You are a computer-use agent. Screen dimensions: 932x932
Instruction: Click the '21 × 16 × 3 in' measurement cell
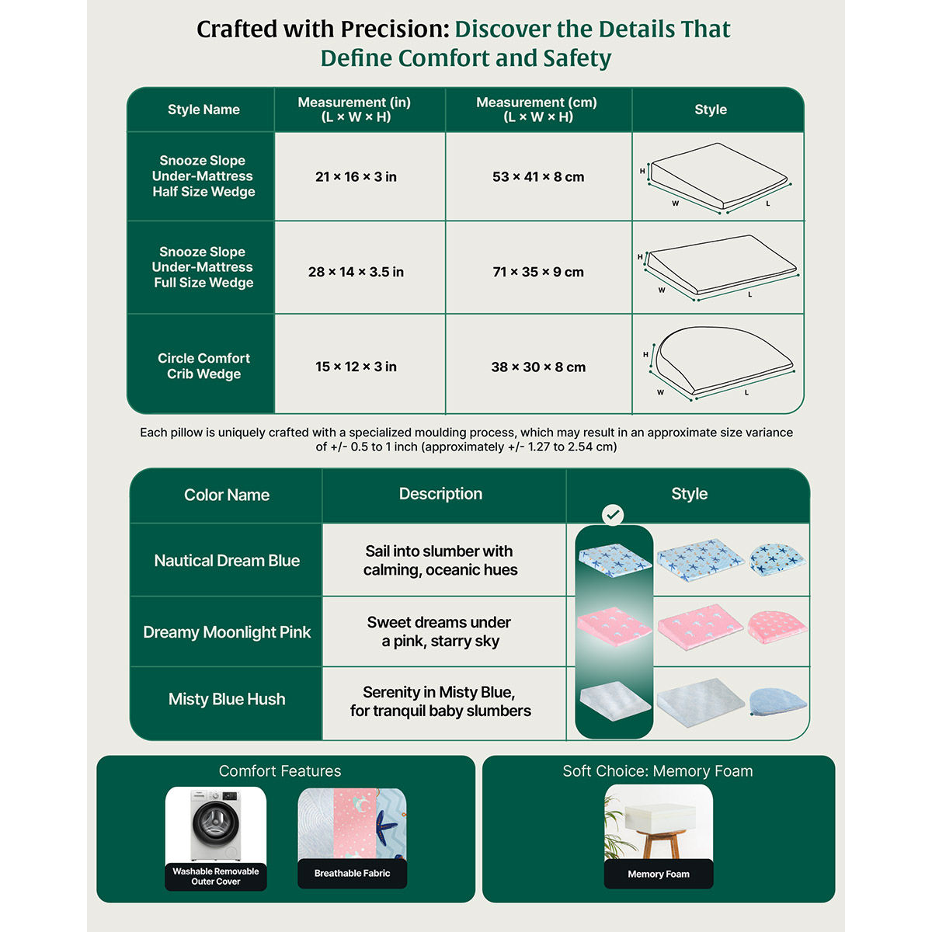tap(356, 177)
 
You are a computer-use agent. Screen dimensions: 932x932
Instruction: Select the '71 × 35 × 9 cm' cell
tap(537, 272)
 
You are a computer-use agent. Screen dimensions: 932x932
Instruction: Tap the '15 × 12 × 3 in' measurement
tap(356, 367)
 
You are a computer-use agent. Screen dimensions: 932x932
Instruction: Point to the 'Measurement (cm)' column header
tap(537, 110)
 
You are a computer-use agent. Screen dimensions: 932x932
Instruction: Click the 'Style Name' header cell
tap(203, 110)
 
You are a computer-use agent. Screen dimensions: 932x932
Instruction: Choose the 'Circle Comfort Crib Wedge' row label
tap(203, 366)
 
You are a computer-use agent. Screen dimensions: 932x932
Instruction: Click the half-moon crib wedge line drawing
tap(722, 361)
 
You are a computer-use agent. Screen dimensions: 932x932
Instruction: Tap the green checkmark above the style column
tap(613, 515)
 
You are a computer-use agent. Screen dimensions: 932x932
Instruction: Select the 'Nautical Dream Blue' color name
tap(227, 561)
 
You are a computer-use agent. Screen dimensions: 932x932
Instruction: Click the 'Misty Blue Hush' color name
tap(227, 699)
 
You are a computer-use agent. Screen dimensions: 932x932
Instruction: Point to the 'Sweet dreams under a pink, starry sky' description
tap(440, 631)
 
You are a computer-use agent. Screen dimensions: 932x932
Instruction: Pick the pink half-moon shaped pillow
tap(776, 627)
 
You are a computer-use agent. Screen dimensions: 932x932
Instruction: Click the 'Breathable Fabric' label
tap(352, 873)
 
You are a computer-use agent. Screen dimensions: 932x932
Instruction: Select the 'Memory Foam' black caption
tap(659, 874)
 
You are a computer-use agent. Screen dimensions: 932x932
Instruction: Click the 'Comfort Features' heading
tap(280, 771)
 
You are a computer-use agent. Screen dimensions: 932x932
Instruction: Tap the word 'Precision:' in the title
tap(395, 29)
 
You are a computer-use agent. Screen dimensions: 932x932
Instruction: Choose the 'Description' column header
tap(440, 494)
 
